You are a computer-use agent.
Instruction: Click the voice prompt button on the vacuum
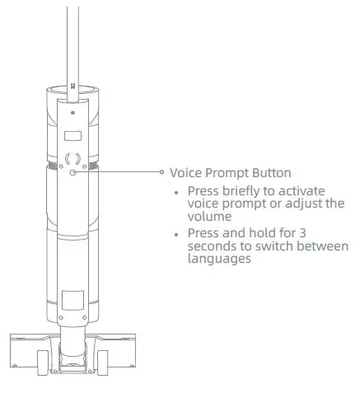pyautogui.click(x=73, y=172)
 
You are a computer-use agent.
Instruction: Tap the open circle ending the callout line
pyautogui.click(x=162, y=172)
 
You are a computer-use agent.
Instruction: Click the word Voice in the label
pyautogui.click(x=185, y=173)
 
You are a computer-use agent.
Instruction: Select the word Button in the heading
pyautogui.click(x=269, y=173)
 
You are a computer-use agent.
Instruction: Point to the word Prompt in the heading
pyautogui.click(x=226, y=173)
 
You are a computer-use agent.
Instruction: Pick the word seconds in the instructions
pyautogui.click(x=212, y=246)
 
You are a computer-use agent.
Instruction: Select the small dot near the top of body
pyautogui.click(x=73, y=110)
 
